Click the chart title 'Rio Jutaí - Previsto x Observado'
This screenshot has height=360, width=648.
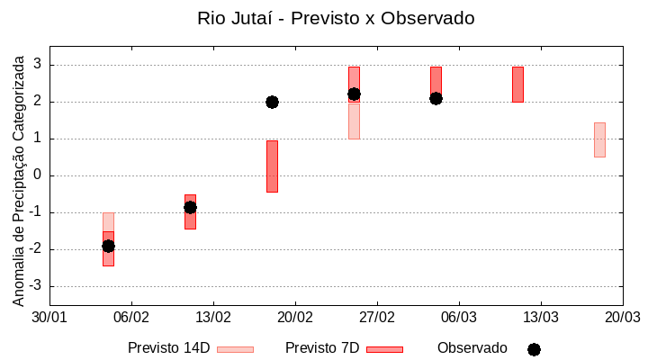click(x=336, y=18)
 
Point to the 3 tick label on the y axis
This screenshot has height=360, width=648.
click(x=38, y=65)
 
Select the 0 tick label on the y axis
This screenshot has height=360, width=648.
click(x=38, y=175)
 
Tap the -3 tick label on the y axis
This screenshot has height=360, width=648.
click(x=35, y=286)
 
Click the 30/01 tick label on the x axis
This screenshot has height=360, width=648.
click(x=49, y=318)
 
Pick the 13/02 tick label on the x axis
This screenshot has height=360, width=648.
click(x=213, y=318)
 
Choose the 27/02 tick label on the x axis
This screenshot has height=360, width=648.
click(x=377, y=318)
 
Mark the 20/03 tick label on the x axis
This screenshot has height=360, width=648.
click(x=622, y=318)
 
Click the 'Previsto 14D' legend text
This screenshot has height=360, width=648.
click(x=168, y=348)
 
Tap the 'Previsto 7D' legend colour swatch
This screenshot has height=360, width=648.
click(x=384, y=349)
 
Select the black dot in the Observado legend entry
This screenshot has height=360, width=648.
click(x=534, y=349)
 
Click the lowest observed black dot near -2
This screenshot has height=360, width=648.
click(x=108, y=246)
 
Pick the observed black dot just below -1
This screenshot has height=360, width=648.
click(x=190, y=207)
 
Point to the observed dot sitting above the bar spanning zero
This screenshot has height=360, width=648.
click(x=272, y=102)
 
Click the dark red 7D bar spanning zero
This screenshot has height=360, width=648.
click(x=272, y=166)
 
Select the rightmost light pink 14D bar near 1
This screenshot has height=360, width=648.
click(x=599, y=139)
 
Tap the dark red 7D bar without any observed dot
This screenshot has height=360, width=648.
click(x=517, y=84)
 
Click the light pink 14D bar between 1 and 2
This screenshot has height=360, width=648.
click(x=354, y=121)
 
